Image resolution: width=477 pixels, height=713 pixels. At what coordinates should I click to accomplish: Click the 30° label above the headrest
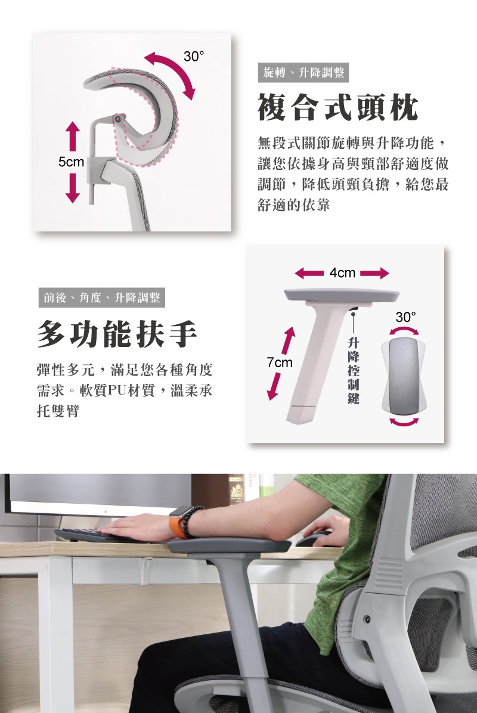(194, 57)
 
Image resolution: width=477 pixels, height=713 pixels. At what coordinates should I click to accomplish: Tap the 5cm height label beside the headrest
(71, 162)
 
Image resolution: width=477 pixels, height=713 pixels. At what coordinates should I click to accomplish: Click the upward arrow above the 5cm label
(72, 136)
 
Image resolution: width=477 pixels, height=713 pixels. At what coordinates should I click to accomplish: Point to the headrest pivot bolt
(118, 119)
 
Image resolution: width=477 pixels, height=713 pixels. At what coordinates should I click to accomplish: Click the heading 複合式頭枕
(338, 108)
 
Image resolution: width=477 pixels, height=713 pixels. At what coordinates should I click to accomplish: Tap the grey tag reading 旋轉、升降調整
(303, 72)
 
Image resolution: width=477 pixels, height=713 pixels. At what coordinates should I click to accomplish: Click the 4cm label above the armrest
(342, 273)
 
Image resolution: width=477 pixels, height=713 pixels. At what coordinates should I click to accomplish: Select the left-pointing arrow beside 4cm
(309, 273)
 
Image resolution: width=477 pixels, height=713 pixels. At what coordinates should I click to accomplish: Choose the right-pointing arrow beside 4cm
(374, 273)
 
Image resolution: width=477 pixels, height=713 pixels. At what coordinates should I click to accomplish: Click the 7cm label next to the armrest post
(280, 362)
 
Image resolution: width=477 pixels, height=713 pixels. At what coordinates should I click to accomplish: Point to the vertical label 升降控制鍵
(353, 370)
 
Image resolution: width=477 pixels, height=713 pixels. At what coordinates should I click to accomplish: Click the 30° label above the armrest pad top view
(405, 317)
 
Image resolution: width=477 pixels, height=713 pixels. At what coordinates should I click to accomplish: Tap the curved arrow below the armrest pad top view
(404, 423)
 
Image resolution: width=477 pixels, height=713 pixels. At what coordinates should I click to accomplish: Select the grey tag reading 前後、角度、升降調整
(102, 298)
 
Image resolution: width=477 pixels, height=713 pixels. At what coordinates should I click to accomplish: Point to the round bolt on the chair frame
(367, 619)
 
